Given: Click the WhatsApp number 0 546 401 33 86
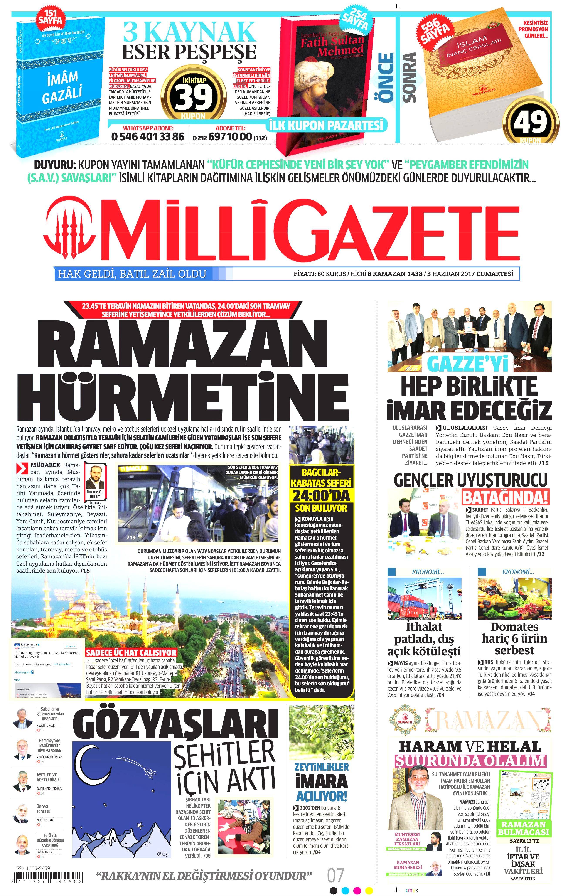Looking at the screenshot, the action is coord(148,136).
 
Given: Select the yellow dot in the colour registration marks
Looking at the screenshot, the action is coord(369,890).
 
